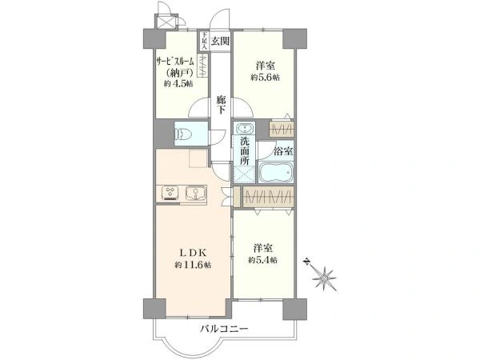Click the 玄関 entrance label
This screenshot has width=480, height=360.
pyautogui.click(x=221, y=40)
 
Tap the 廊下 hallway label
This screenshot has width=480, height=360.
pyautogui.click(x=222, y=105)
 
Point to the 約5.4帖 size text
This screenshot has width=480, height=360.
pyautogui.click(x=262, y=260)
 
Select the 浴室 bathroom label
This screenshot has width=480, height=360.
pyautogui.click(x=283, y=150)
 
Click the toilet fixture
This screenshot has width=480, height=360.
pyautogui.click(x=179, y=134)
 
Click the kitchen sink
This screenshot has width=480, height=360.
pyautogui.click(x=195, y=193)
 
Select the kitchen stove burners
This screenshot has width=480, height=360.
pyautogui.click(x=170, y=193)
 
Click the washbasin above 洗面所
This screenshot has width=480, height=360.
pyautogui.click(x=244, y=129)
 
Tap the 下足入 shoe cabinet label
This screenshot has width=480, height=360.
pyautogui.click(x=205, y=40)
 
